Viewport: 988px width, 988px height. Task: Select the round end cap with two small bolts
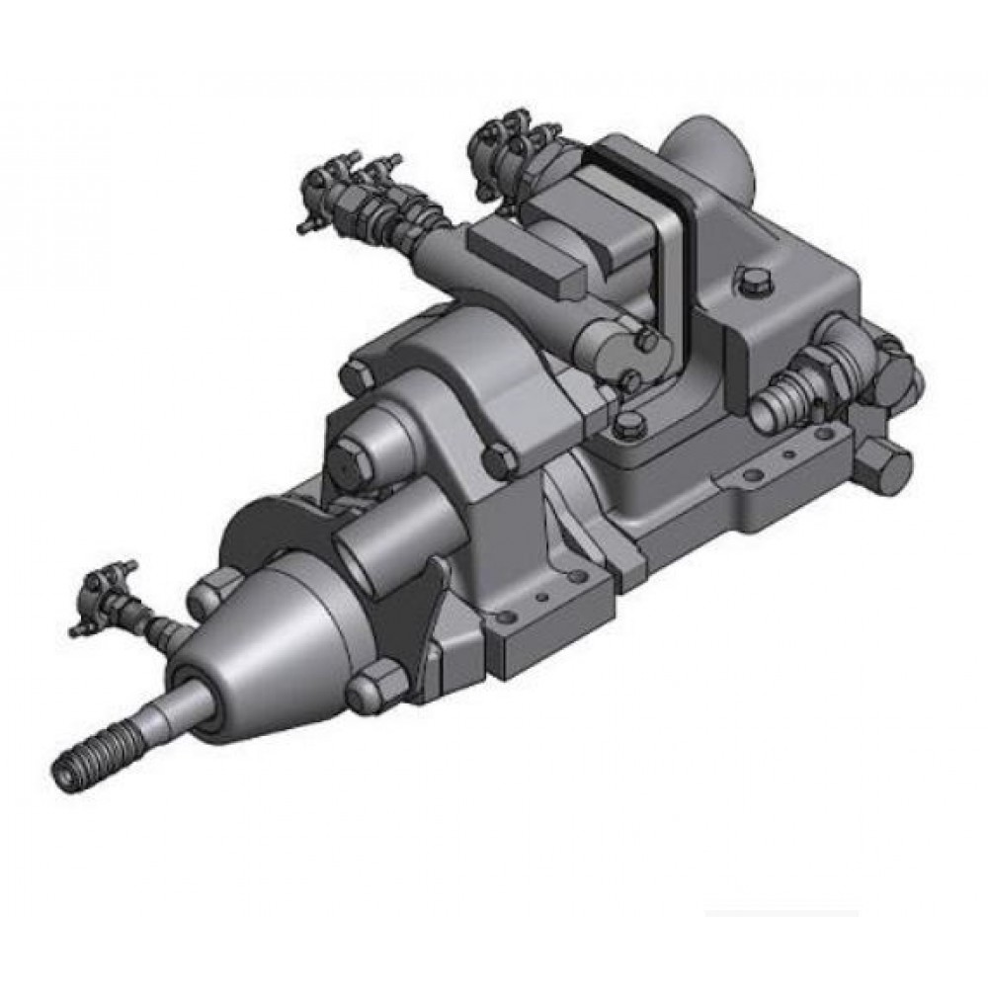pos(617,356)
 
